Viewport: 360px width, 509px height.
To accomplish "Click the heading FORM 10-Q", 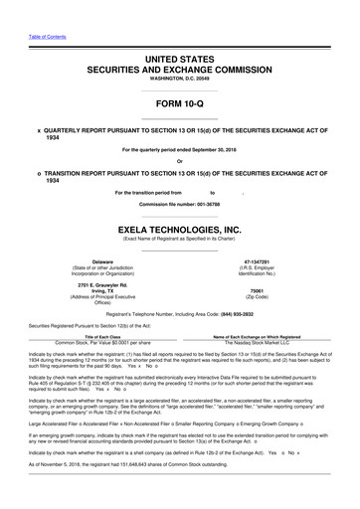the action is (x=179, y=104).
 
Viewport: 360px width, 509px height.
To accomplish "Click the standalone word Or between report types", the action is (x=179, y=161).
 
